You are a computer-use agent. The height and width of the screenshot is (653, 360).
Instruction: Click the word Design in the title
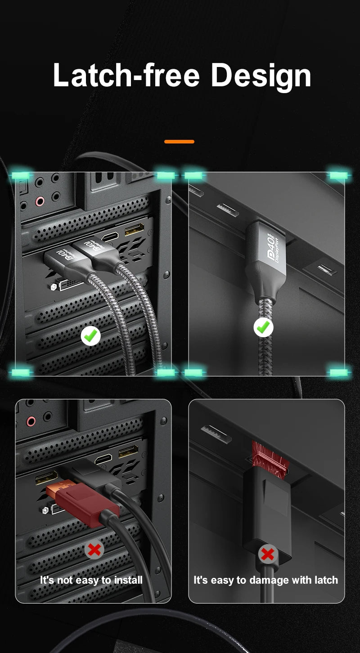(261, 76)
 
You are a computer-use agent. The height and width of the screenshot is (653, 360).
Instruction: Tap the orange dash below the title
(179, 142)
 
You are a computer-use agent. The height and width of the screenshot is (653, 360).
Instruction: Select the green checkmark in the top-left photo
(91, 335)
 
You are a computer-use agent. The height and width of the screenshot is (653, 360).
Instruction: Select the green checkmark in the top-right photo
(264, 327)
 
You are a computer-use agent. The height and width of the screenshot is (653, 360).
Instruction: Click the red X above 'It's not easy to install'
(94, 550)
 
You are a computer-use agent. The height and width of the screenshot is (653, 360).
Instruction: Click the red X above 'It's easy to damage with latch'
(267, 554)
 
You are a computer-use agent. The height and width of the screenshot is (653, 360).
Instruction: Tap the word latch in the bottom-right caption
(326, 580)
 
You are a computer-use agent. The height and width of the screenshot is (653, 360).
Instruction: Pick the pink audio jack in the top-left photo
(40, 201)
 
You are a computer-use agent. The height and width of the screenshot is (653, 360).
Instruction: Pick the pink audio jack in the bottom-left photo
(31, 421)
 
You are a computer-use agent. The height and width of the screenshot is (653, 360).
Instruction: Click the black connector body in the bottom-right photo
(267, 508)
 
